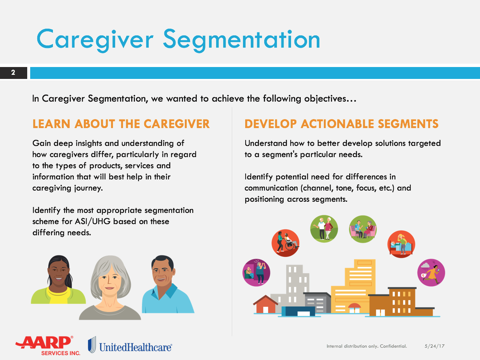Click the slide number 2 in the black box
13,73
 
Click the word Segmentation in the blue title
241,41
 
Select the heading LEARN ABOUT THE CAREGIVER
121,124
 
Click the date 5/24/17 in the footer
435,346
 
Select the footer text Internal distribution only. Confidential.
367,346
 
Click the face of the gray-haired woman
110,282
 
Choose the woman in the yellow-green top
59,280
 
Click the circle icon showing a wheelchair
285,243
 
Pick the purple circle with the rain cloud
431,273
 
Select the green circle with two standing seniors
324,229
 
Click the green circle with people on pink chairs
363,229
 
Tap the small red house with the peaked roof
265,304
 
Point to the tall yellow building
353,287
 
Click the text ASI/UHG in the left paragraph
93,222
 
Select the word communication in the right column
271,188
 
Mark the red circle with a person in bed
401,244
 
